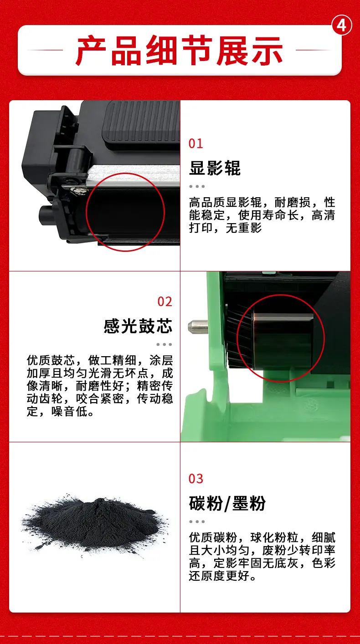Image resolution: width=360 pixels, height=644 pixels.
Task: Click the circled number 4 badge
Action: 342,26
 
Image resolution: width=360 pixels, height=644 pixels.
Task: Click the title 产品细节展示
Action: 179,51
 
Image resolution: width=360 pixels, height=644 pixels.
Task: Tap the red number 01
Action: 195,143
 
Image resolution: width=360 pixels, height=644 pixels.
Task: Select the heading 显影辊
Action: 215,168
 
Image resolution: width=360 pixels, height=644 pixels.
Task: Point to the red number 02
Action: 165,302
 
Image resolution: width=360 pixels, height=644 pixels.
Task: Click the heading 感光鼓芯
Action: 138,326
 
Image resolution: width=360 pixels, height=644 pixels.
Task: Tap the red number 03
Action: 195,479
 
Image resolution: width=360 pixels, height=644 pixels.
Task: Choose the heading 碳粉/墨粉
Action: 227,503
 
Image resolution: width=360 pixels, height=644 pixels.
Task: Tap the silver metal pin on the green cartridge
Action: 198,327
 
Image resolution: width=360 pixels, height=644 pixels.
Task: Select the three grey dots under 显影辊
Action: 197,186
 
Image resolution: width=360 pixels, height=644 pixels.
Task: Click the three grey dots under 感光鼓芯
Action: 165,344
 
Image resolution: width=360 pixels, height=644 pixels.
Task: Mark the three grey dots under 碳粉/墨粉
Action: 197,521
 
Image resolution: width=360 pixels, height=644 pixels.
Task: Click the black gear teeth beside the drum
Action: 239,337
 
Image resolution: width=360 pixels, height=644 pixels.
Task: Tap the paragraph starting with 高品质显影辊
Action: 262,215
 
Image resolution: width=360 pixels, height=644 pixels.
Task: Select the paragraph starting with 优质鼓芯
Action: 100,386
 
